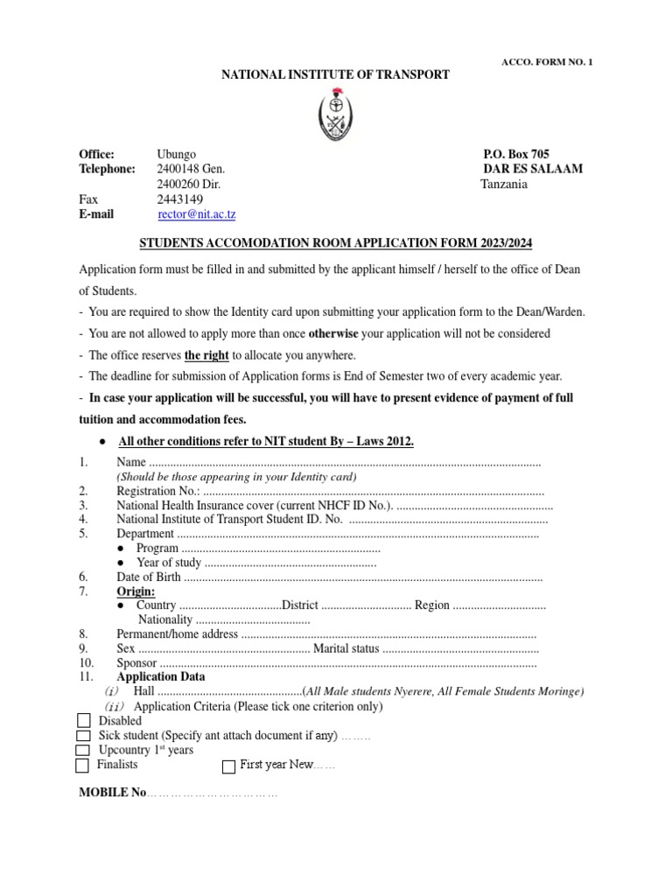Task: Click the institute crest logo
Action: click(335, 115)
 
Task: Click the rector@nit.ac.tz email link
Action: click(197, 213)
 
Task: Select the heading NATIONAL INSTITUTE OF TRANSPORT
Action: click(335, 75)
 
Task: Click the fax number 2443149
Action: click(178, 199)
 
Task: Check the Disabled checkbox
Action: click(83, 721)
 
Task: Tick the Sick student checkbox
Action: click(83, 736)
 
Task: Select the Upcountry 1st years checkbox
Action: click(83, 751)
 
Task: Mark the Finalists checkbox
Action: click(83, 766)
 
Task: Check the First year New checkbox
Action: click(229, 766)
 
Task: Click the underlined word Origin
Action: click(136, 591)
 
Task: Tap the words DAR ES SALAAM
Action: click(533, 169)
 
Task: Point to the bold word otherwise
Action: click(337, 333)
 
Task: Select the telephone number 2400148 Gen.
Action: click(191, 169)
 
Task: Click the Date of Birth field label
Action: click(149, 577)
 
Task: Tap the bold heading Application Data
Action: click(161, 676)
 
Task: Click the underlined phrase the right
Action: click(206, 354)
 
